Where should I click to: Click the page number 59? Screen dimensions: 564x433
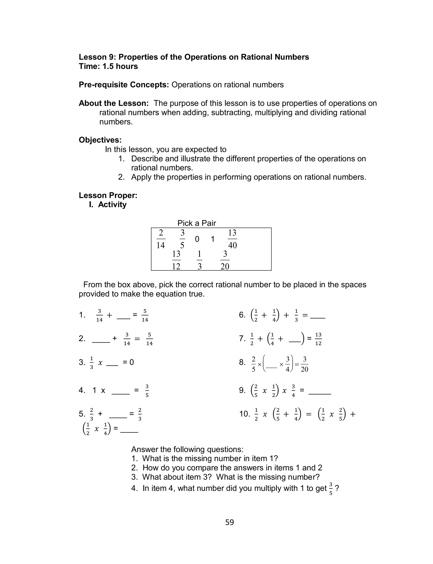pos(229,522)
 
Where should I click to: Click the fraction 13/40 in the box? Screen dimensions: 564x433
pos(232,239)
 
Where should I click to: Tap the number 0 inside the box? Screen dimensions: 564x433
pos(197,239)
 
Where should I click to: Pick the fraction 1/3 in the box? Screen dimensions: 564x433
pos(199,260)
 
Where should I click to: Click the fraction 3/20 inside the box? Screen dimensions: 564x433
pos(225,260)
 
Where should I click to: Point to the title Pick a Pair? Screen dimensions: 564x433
pos(196,223)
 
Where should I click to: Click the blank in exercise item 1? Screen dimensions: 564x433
pos(123,317)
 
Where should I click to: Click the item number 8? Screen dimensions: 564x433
pos(242,362)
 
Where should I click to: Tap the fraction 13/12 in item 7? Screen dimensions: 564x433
pos(318,339)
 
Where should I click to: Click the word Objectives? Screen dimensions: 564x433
pos(100,140)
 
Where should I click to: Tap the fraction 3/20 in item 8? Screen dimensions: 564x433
pos(304,364)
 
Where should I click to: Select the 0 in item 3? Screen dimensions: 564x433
pos(132,362)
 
